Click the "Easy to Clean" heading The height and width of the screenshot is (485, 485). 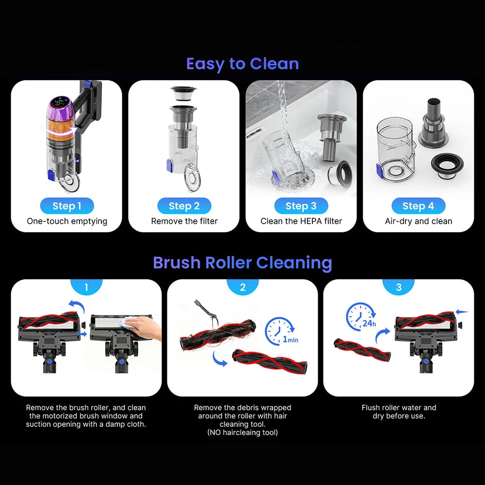pos(242,64)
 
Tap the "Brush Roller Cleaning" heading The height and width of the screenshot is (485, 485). pos(242,263)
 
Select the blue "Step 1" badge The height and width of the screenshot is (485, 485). pos(67,206)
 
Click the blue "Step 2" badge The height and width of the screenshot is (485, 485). pos(184,206)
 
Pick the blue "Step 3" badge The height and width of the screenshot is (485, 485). pos(301,206)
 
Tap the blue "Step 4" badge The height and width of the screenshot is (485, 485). pos(419,206)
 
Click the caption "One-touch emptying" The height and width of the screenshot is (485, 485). pos(67,221)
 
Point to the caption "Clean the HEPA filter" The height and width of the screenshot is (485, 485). pos(301,221)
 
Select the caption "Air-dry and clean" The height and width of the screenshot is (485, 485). pos(419,221)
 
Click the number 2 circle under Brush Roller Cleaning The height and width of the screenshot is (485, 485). pos(243,287)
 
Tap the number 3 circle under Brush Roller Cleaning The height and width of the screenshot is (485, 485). pos(399,287)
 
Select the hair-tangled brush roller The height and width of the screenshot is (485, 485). pos(217,336)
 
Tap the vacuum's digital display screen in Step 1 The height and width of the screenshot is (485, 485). pos(60,102)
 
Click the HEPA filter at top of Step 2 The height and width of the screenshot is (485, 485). pos(183,93)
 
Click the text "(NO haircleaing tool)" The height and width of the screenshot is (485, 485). pos(242,433)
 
